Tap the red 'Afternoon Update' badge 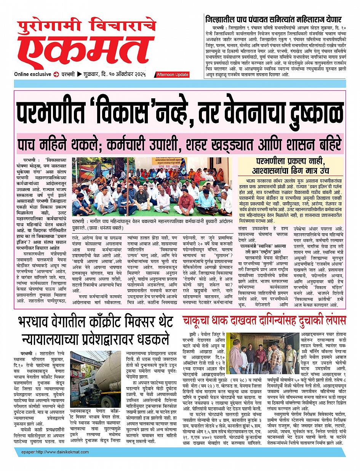172,75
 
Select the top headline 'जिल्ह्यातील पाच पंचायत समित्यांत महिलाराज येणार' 273,19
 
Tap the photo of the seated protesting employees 152,186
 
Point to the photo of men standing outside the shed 262,354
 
